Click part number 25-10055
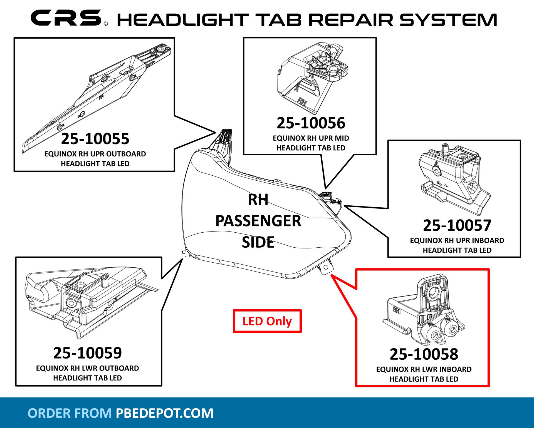(95, 139)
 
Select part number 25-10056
(311, 123)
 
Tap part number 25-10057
(457, 225)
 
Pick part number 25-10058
(424, 354)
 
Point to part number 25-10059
(88, 353)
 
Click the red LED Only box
(267, 321)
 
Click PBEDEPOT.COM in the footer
(164, 413)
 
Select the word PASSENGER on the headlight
(258, 221)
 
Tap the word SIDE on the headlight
(258, 242)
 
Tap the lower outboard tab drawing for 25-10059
(86, 303)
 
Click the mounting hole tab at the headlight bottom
(326, 267)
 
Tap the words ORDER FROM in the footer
(70, 413)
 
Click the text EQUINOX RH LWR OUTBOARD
(87, 368)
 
